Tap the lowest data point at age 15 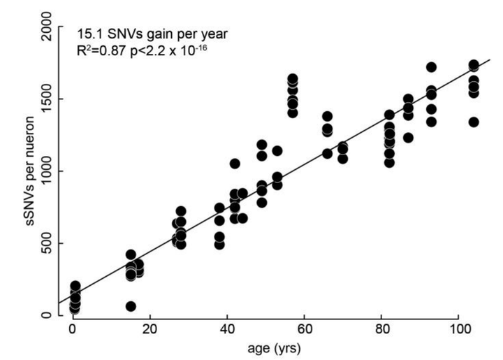pyautogui.click(x=131, y=306)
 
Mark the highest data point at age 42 pyautogui.click(x=235, y=164)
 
